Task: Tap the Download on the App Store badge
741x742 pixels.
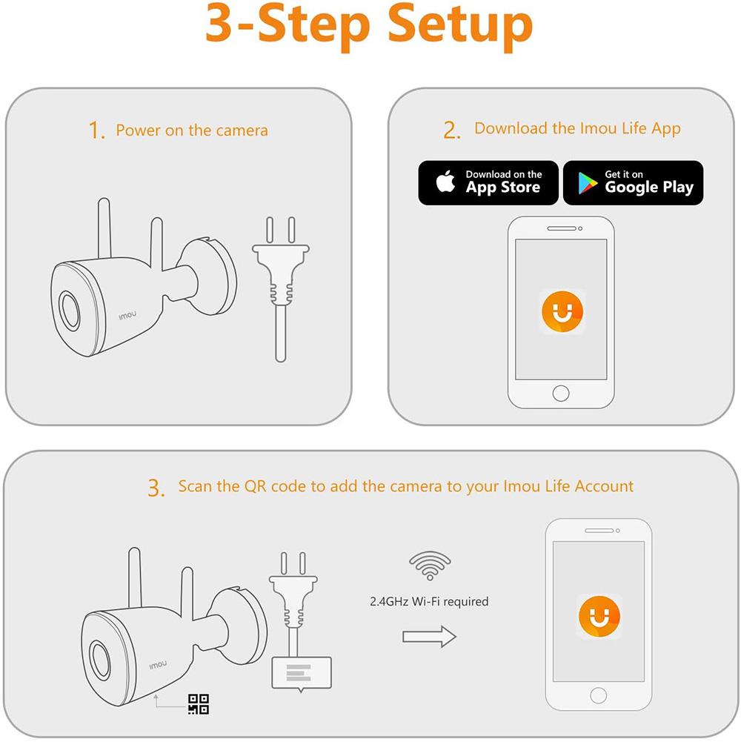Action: click(488, 182)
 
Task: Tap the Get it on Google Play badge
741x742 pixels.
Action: click(633, 182)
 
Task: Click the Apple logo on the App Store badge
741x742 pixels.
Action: click(445, 182)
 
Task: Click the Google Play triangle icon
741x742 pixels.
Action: click(587, 183)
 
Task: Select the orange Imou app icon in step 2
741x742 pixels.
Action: click(562, 311)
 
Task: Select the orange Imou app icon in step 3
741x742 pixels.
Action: click(599, 616)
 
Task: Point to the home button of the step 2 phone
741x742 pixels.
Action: click(561, 394)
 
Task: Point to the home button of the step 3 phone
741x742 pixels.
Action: click(599, 695)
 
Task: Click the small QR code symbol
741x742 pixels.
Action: click(199, 703)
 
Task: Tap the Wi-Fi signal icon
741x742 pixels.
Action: click(430, 566)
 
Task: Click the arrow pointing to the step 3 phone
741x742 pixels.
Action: click(429, 637)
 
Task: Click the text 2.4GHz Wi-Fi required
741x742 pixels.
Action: click(429, 601)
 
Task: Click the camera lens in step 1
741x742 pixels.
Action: click(70, 310)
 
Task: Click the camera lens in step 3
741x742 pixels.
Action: click(100, 660)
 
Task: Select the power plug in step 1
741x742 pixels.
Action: click(281, 288)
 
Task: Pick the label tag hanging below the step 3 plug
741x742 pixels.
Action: click(302, 674)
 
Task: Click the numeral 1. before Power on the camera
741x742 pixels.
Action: click(96, 130)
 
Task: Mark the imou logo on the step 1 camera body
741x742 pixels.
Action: click(127, 315)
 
